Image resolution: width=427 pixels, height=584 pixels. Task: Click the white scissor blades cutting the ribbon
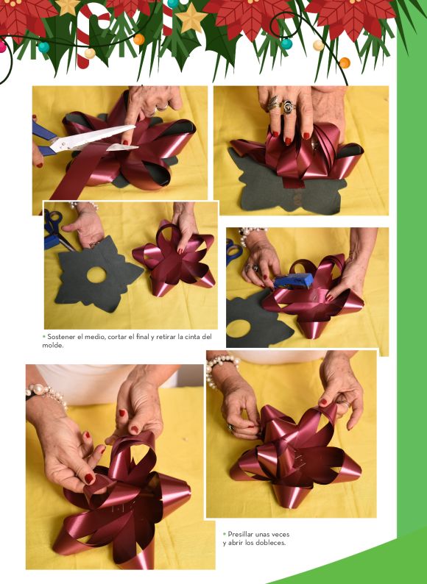[x=93, y=140]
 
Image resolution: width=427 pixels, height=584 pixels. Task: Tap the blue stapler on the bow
[x=293, y=280]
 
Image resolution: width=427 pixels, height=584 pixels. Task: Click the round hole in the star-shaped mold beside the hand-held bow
[x=96, y=274]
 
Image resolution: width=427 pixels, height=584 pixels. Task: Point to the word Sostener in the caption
[x=61, y=337]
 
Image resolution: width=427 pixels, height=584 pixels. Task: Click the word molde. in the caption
[x=52, y=345]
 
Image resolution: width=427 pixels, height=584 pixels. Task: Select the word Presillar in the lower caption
[x=241, y=534]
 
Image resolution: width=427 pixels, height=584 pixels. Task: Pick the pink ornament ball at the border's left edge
[x=2, y=47]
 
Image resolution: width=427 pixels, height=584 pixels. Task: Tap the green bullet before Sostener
[x=44, y=336]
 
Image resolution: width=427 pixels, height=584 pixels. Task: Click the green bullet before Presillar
[x=225, y=534]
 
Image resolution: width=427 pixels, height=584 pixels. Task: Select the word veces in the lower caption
[x=280, y=534]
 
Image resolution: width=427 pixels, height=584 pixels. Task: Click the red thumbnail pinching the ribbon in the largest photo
[x=89, y=479]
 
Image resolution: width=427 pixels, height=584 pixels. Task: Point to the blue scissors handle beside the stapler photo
[x=233, y=252]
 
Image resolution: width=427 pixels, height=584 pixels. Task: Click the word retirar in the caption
[x=166, y=337]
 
